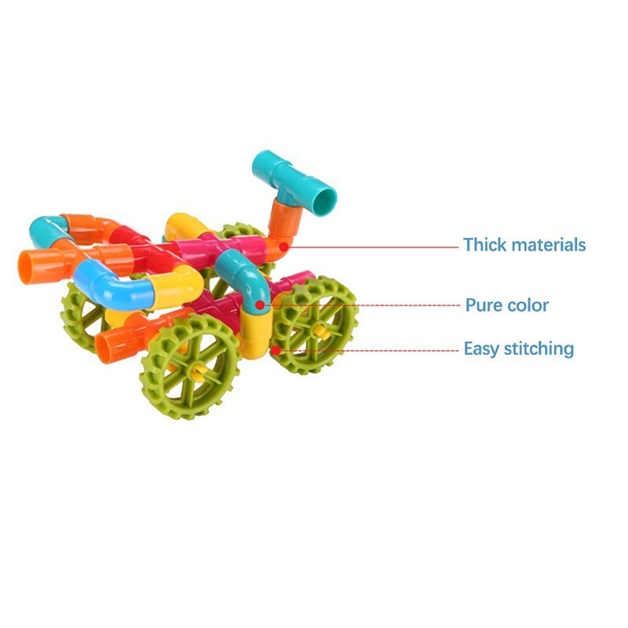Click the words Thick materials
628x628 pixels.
click(x=524, y=245)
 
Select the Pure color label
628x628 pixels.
click(x=506, y=305)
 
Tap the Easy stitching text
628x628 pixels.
click(x=518, y=348)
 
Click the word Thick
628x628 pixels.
click(x=484, y=245)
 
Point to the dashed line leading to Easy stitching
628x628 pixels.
click(x=369, y=349)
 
